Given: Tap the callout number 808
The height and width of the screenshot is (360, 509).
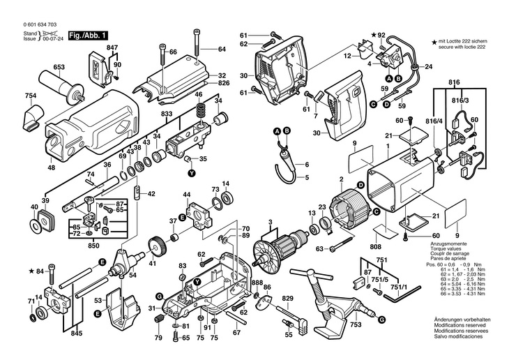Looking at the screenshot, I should click(376, 246).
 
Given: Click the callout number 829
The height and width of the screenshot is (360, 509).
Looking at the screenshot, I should click(287, 299).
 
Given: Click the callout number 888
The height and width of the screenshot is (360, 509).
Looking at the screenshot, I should click(257, 283).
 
